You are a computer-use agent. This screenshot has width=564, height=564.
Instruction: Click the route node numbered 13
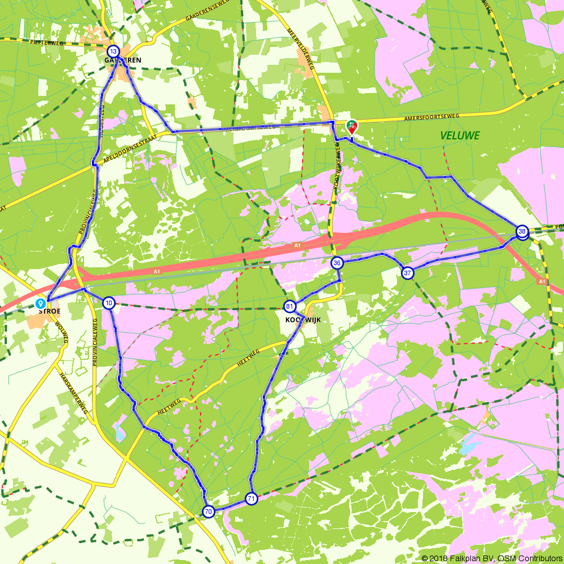coord(113,50)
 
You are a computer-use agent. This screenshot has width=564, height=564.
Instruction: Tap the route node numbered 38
coord(522,231)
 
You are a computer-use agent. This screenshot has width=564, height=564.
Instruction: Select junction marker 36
coord(337,263)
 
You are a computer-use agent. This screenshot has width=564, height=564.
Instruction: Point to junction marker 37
coord(407,273)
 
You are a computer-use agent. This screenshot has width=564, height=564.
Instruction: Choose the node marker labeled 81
coord(289,306)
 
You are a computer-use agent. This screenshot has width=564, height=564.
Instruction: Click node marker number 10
coord(109,303)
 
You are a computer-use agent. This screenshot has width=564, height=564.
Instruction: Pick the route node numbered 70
coord(208,512)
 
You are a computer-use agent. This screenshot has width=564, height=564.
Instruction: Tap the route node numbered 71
coord(251,499)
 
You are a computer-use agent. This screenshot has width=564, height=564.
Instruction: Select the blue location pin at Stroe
coord(41,304)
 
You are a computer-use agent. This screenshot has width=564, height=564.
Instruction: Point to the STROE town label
coord(49,311)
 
